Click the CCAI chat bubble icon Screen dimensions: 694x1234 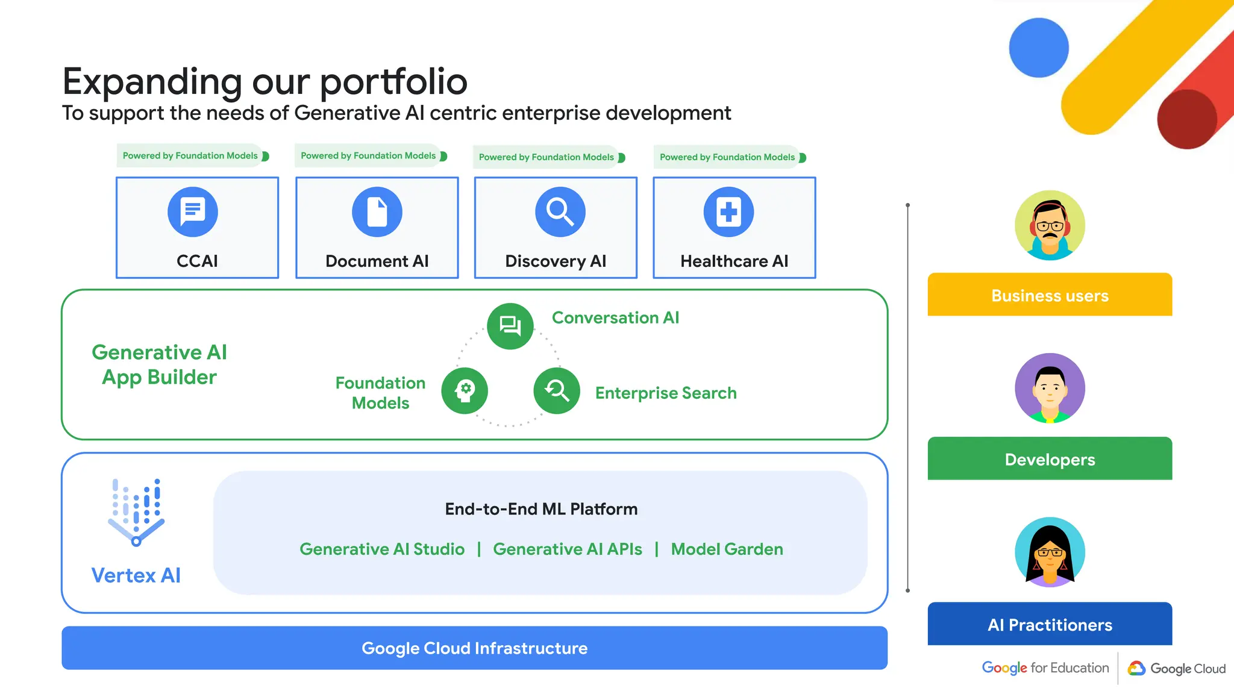[193, 211]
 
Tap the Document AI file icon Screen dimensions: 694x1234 [377, 211]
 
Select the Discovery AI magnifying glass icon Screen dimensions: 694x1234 [560, 211]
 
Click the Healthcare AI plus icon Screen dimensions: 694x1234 [728, 211]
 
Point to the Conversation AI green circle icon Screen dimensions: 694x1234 [510, 326]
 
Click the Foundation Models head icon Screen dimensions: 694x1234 [465, 390]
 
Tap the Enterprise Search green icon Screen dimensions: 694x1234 [557, 390]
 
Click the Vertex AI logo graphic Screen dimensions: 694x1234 [136, 513]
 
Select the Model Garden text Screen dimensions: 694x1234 [727, 549]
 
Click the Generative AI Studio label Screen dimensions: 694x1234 [382, 549]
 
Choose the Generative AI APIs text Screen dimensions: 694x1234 [567, 549]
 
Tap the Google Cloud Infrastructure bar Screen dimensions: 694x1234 [474, 648]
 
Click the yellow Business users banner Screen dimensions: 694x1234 [1050, 295]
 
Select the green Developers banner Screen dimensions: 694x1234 [1050, 458]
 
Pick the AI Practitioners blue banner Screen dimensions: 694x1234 [1050, 624]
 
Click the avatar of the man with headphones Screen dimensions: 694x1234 [1050, 225]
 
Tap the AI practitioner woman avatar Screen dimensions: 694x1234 [1050, 552]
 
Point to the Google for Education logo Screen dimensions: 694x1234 [1045, 667]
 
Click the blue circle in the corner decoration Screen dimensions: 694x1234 [1039, 48]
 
